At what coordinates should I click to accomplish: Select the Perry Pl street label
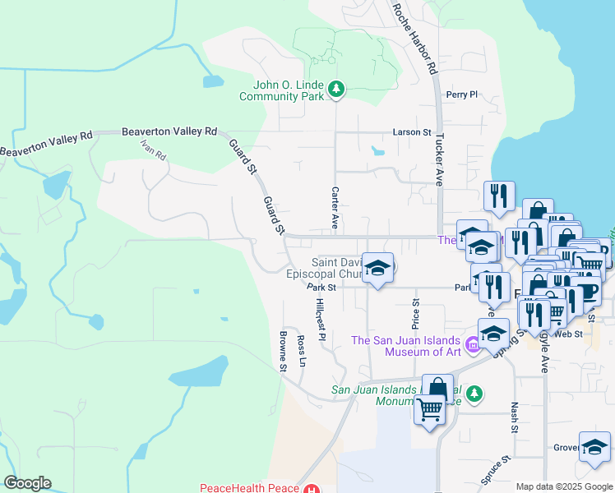tap(461, 94)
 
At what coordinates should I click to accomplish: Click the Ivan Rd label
tap(153, 150)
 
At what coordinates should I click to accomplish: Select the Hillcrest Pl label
tap(321, 320)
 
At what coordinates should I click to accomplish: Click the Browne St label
tap(282, 352)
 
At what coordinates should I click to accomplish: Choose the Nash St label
tap(515, 417)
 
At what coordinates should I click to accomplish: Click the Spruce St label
tap(495, 468)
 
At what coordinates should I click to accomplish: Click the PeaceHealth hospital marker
tap(311, 489)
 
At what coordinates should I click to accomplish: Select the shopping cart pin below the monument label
tap(430, 408)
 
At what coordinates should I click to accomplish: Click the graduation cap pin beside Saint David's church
tap(378, 269)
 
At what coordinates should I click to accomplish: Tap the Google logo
tap(27, 483)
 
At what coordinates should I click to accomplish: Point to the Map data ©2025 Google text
tap(563, 486)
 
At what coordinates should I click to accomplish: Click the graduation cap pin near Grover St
tap(594, 448)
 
